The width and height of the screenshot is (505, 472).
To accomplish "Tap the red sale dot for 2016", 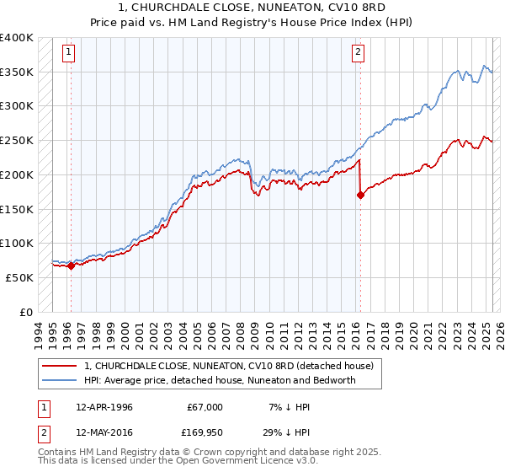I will tap(360, 195).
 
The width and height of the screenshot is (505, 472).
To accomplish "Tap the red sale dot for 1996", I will tap(71, 265).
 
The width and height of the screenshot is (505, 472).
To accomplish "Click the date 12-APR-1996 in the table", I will tap(104, 407).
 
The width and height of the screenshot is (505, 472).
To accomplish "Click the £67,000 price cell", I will tap(205, 407).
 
